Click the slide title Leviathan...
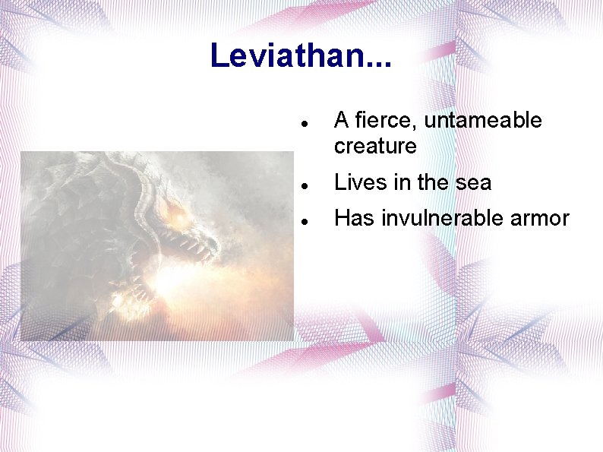tap(301, 55)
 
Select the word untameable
tap(483, 121)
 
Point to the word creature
tap(375, 146)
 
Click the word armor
tap(540, 219)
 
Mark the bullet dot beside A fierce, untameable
tap(303, 122)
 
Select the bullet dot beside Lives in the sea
tap(303, 184)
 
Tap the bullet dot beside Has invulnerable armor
tap(303, 220)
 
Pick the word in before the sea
tap(400, 182)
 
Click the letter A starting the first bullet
tap(342, 121)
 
